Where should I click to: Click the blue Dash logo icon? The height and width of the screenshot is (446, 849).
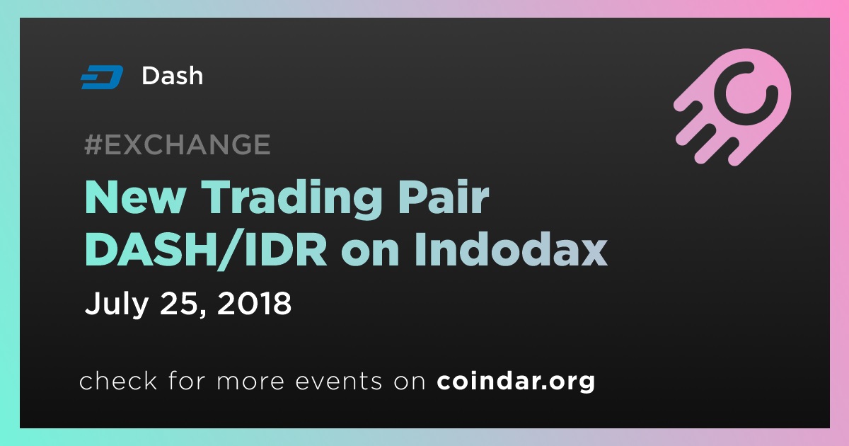pos(102,77)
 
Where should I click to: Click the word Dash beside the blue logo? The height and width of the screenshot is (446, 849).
pos(173,76)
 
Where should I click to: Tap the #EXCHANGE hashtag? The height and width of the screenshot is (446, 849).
pos(178,144)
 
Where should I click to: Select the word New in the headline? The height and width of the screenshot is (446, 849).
pos(135,198)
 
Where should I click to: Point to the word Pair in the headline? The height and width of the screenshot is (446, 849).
pos(443,197)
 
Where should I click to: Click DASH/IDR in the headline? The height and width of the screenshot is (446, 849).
pos(206,251)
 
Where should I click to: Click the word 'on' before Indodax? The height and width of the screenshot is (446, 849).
pos(369,254)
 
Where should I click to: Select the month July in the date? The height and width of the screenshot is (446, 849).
pos(117,304)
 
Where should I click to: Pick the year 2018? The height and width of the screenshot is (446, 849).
pos(254,303)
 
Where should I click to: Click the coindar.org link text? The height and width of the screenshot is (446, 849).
pos(516,381)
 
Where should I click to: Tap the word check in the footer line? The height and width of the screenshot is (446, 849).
pos(118,380)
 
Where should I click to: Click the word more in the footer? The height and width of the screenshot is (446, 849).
pos(250,382)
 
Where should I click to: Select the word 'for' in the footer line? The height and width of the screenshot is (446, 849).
pos(187,380)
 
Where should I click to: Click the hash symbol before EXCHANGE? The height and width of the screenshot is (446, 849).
pos(93,144)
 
